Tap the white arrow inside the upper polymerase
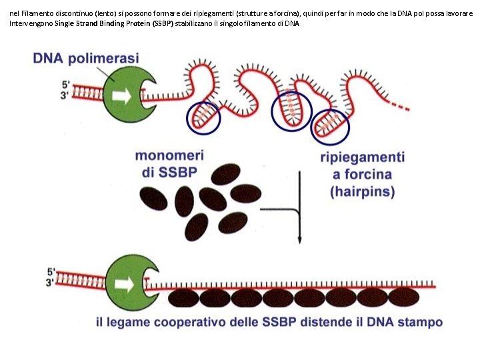pyautogui.click(x=121, y=96)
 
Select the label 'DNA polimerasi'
pyautogui.click(x=86, y=58)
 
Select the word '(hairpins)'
pyautogui.click(x=363, y=192)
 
